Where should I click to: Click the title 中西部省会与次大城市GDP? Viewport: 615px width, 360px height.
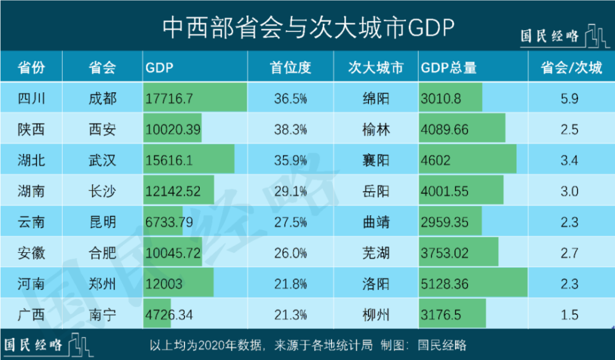coord(307,26)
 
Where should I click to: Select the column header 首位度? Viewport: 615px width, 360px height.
coord(290,67)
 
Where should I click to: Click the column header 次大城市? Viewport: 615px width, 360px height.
coord(375,67)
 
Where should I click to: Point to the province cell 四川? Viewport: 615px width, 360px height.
coord(31,98)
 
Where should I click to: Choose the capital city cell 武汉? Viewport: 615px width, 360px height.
coord(102,161)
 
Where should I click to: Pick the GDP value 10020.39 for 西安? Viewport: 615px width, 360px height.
coord(172,130)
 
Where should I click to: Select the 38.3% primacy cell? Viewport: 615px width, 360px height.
coord(290,130)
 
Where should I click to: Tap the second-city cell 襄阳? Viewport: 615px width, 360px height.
coord(376,161)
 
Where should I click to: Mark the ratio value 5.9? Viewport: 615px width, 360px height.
coord(570,98)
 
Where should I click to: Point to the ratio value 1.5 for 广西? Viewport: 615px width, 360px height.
coord(570,315)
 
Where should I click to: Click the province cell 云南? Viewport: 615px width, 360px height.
coord(31,222)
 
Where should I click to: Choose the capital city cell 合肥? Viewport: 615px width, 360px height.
coord(102,253)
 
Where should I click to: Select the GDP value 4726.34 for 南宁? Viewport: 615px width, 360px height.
coord(169,315)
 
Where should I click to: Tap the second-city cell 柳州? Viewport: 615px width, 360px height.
coord(376,315)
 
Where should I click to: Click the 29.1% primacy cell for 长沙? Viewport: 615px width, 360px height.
coord(290,191)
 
